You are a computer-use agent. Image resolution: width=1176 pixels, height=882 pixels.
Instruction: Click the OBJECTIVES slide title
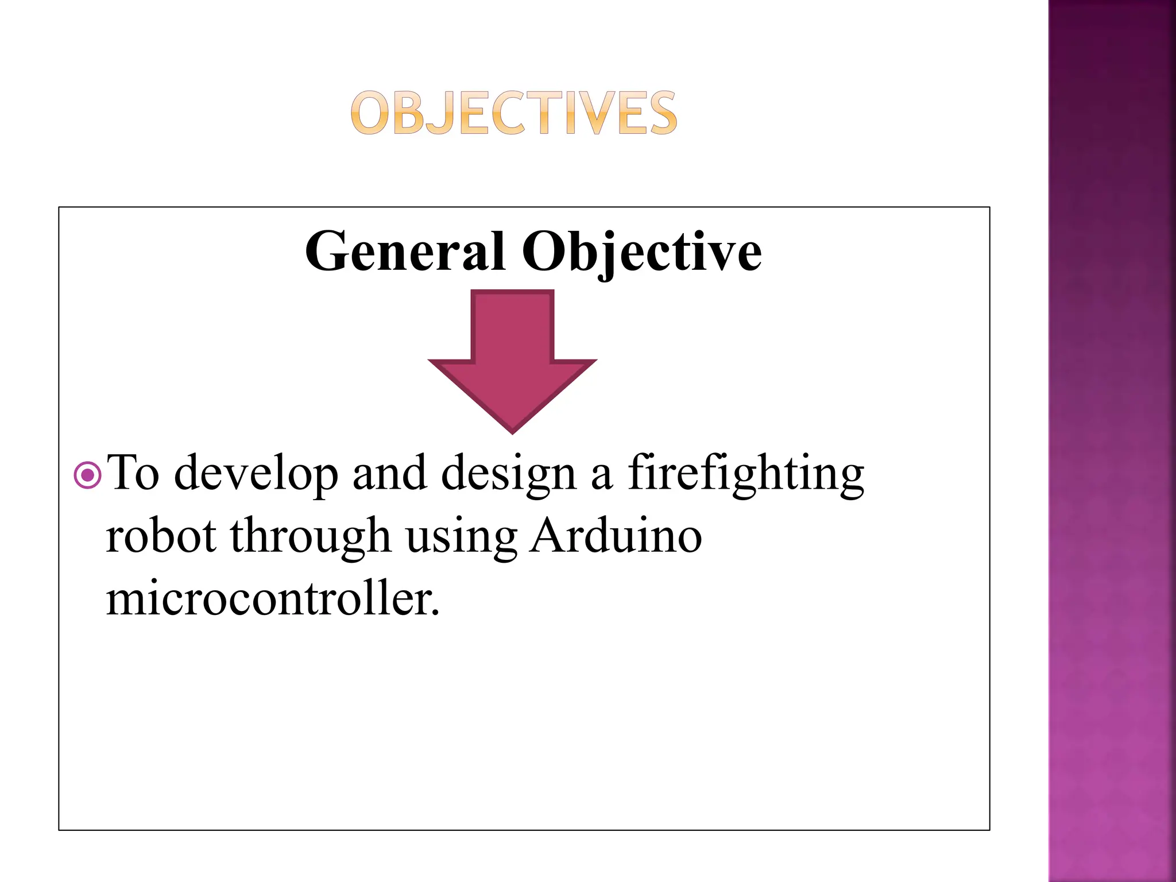tap(514, 113)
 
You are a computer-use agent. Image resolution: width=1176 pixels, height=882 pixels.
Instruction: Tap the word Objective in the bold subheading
tap(641, 253)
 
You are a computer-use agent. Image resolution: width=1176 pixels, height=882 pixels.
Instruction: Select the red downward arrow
tap(512, 356)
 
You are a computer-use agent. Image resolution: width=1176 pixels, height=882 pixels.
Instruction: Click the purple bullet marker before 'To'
tap(88, 475)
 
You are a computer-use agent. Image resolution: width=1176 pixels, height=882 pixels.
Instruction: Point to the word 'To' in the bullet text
tap(133, 473)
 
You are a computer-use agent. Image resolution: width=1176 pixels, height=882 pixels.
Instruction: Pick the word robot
tap(161, 536)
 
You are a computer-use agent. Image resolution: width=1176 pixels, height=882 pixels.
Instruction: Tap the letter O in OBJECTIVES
tap(367, 113)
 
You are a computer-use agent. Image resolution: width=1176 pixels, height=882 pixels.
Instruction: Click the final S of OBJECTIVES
tap(660, 113)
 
